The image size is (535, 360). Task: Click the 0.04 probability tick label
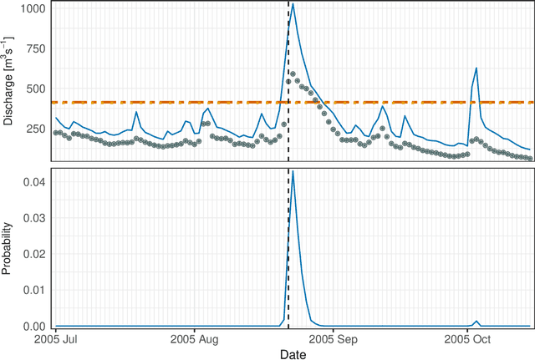click(x=34, y=181)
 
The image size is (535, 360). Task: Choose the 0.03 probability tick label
click(x=34, y=217)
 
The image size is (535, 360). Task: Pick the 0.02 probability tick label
click(x=34, y=254)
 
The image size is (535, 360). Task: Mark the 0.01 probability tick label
click(x=34, y=290)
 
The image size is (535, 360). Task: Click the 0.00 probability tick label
click(x=34, y=327)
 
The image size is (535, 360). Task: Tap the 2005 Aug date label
click(x=194, y=340)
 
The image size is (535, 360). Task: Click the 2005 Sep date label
click(x=333, y=340)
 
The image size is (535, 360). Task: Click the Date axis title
click(x=293, y=354)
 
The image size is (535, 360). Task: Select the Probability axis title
click(x=8, y=249)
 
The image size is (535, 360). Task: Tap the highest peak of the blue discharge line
click(x=292, y=4)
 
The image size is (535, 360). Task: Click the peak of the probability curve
click(x=292, y=171)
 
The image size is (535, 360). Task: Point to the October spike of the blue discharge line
click(x=476, y=68)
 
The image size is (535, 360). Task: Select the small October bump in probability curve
click(x=476, y=322)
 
